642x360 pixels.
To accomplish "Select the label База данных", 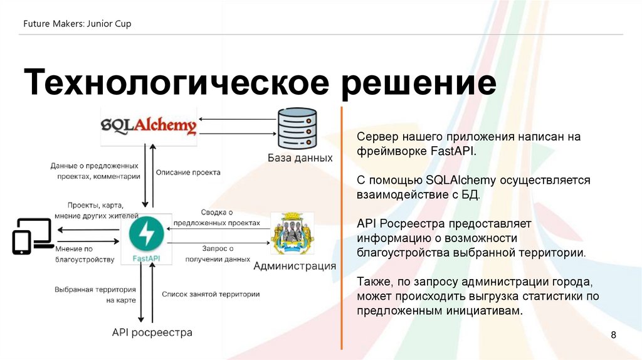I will (300, 157).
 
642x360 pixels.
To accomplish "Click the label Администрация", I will (294, 266).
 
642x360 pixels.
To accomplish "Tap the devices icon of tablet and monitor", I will (31, 236).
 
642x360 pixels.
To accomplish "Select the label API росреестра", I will (152, 332).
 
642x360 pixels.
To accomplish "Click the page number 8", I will (614, 336).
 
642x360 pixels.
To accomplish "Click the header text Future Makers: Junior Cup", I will (77, 24).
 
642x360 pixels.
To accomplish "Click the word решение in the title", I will (418, 84).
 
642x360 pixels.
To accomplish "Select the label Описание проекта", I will (187, 172).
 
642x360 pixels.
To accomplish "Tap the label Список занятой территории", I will (211, 294).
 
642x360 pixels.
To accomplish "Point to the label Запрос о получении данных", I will (218, 253).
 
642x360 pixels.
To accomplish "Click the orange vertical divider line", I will (342, 226).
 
